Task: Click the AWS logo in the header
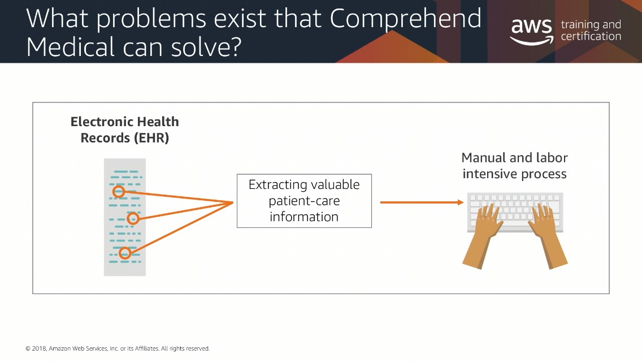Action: (x=531, y=31)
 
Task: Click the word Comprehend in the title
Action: (x=405, y=19)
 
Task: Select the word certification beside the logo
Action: (x=591, y=37)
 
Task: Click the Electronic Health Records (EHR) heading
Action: (x=124, y=130)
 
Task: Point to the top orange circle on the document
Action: (x=119, y=191)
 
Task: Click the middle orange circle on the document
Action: (x=133, y=218)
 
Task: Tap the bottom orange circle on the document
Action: (x=125, y=253)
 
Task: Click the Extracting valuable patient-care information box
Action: (x=304, y=201)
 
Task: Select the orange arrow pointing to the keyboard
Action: (x=422, y=202)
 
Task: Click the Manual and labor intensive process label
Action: (x=515, y=166)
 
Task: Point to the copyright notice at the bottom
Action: (x=118, y=348)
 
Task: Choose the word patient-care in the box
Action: (x=304, y=201)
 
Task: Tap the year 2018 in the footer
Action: (x=39, y=348)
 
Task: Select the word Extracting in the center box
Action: (x=277, y=185)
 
